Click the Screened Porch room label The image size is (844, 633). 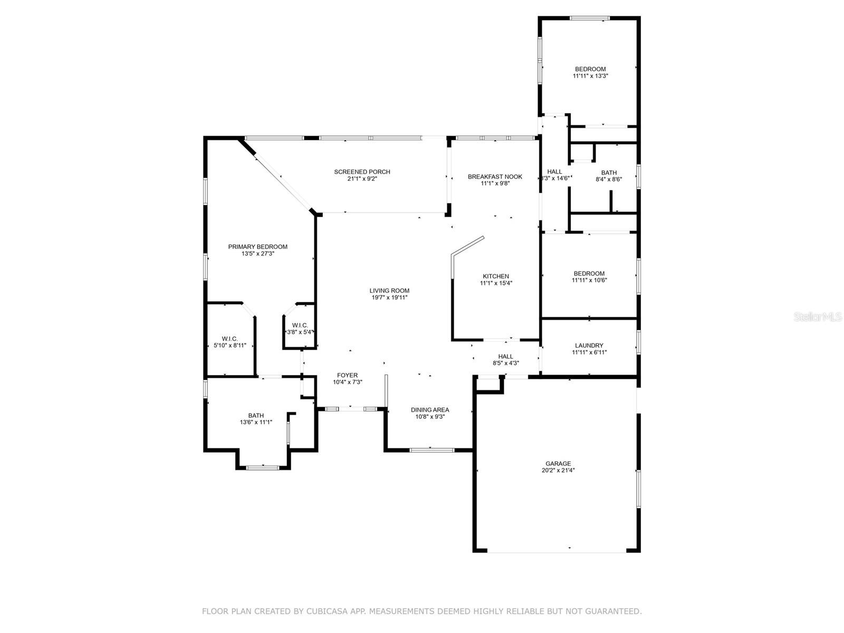coord(362,172)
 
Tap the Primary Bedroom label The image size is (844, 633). coord(257,247)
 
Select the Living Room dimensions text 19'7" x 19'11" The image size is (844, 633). coord(389,298)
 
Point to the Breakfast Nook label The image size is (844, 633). coord(495,177)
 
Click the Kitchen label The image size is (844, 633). coord(496,276)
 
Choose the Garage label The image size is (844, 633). coord(558,464)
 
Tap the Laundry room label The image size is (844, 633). coord(589,346)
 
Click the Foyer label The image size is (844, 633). coord(347,375)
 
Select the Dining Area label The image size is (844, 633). coord(430,410)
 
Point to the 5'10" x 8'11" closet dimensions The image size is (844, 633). coord(230,346)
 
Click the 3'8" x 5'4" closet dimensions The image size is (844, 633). coord(300,332)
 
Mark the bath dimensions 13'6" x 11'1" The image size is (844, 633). coord(256,422)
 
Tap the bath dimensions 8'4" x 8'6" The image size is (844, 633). coord(609,179)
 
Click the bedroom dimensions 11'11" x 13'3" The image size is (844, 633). coord(590,76)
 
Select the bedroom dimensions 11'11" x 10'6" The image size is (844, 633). coord(589,280)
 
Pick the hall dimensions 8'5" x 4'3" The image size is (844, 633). coord(506,363)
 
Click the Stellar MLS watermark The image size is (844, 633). coord(817,316)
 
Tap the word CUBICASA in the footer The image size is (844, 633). coord(323,611)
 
